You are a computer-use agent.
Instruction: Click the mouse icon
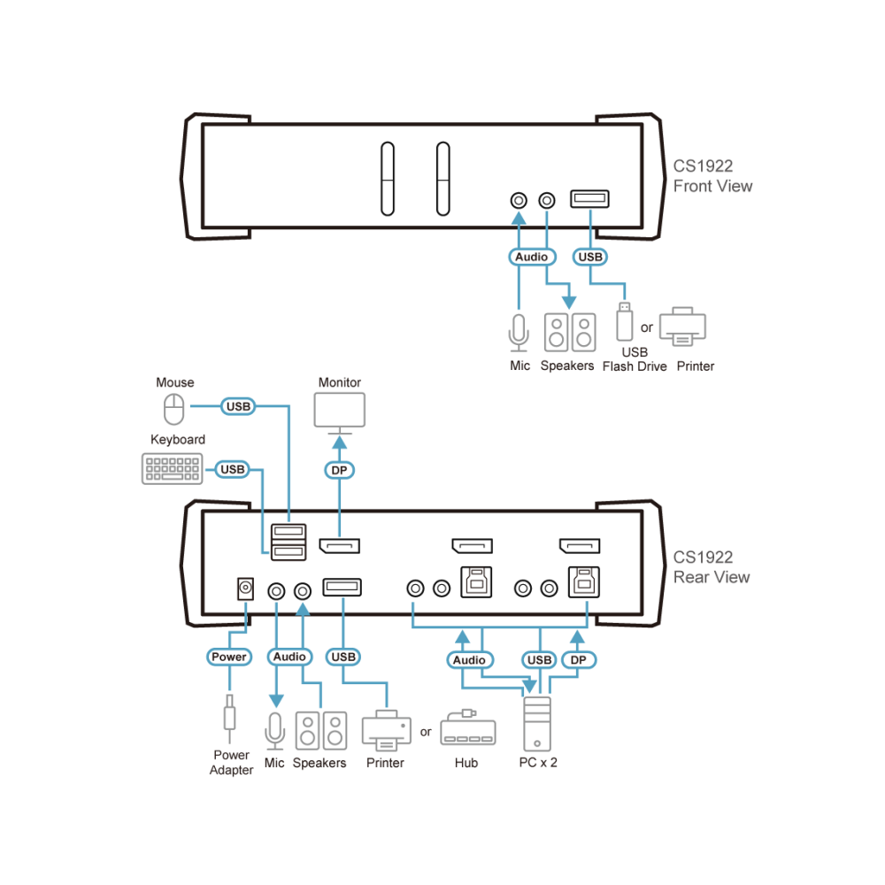pos(173,409)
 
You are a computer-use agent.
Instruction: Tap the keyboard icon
pos(173,468)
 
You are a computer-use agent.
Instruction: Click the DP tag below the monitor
pos(339,470)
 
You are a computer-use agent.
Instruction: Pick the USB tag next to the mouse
pos(238,406)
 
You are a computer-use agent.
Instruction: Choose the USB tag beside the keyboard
pos(233,470)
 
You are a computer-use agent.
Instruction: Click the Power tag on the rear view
pos(228,657)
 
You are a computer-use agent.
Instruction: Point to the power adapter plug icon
pos(229,719)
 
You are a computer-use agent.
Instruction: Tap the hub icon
pos(468,728)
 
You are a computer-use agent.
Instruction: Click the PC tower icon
pos(537,724)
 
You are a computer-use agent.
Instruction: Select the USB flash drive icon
pos(624,322)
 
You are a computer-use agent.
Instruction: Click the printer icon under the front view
pos(682,327)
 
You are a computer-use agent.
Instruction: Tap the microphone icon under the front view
pos(519,333)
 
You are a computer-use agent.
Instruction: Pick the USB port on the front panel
pos(589,198)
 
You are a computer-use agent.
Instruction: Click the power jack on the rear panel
pos(245,589)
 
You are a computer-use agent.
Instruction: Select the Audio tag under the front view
pos(532,257)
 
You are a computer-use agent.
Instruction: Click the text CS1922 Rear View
pos(712,567)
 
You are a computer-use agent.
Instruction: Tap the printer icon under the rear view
pos(387,730)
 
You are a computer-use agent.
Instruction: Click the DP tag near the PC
pos(579,660)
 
